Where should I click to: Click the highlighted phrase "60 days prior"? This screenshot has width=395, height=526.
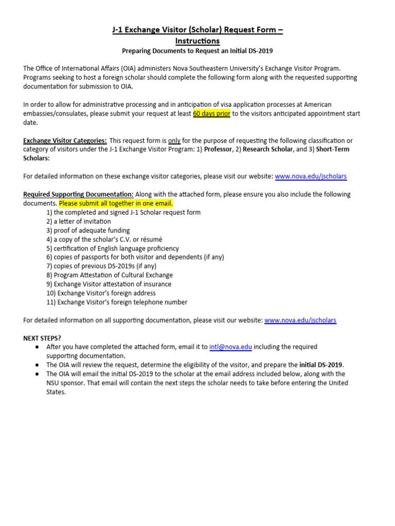pyautogui.click(x=211, y=114)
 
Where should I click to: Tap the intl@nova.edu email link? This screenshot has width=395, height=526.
pyautogui.click(x=230, y=347)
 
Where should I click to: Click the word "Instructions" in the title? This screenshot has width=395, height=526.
pyautogui.click(x=197, y=41)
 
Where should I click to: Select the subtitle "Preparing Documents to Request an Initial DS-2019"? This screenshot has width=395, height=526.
pyautogui.click(x=197, y=51)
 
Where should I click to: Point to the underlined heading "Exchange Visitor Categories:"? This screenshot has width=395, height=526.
pyautogui.click(x=65, y=140)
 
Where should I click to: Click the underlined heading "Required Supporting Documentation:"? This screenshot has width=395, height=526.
pyautogui.click(x=78, y=194)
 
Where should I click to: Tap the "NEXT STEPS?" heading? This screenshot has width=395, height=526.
pyautogui.click(x=42, y=338)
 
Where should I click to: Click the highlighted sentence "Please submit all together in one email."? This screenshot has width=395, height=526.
pyautogui.click(x=116, y=203)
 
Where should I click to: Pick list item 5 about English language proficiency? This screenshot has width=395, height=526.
pyautogui.click(x=112, y=248)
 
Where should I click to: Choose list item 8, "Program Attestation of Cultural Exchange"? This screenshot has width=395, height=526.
pyautogui.click(x=109, y=275)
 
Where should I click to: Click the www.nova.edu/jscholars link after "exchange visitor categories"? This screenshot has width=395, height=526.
pyautogui.click(x=311, y=176)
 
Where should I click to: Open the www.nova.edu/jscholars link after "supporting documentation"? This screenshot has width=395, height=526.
pyautogui.click(x=300, y=320)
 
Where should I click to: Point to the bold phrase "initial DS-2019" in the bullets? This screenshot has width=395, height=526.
pyautogui.click(x=321, y=365)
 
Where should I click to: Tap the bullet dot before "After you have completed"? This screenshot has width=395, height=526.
pyautogui.click(x=38, y=347)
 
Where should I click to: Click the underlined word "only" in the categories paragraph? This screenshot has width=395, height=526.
pyautogui.click(x=174, y=140)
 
